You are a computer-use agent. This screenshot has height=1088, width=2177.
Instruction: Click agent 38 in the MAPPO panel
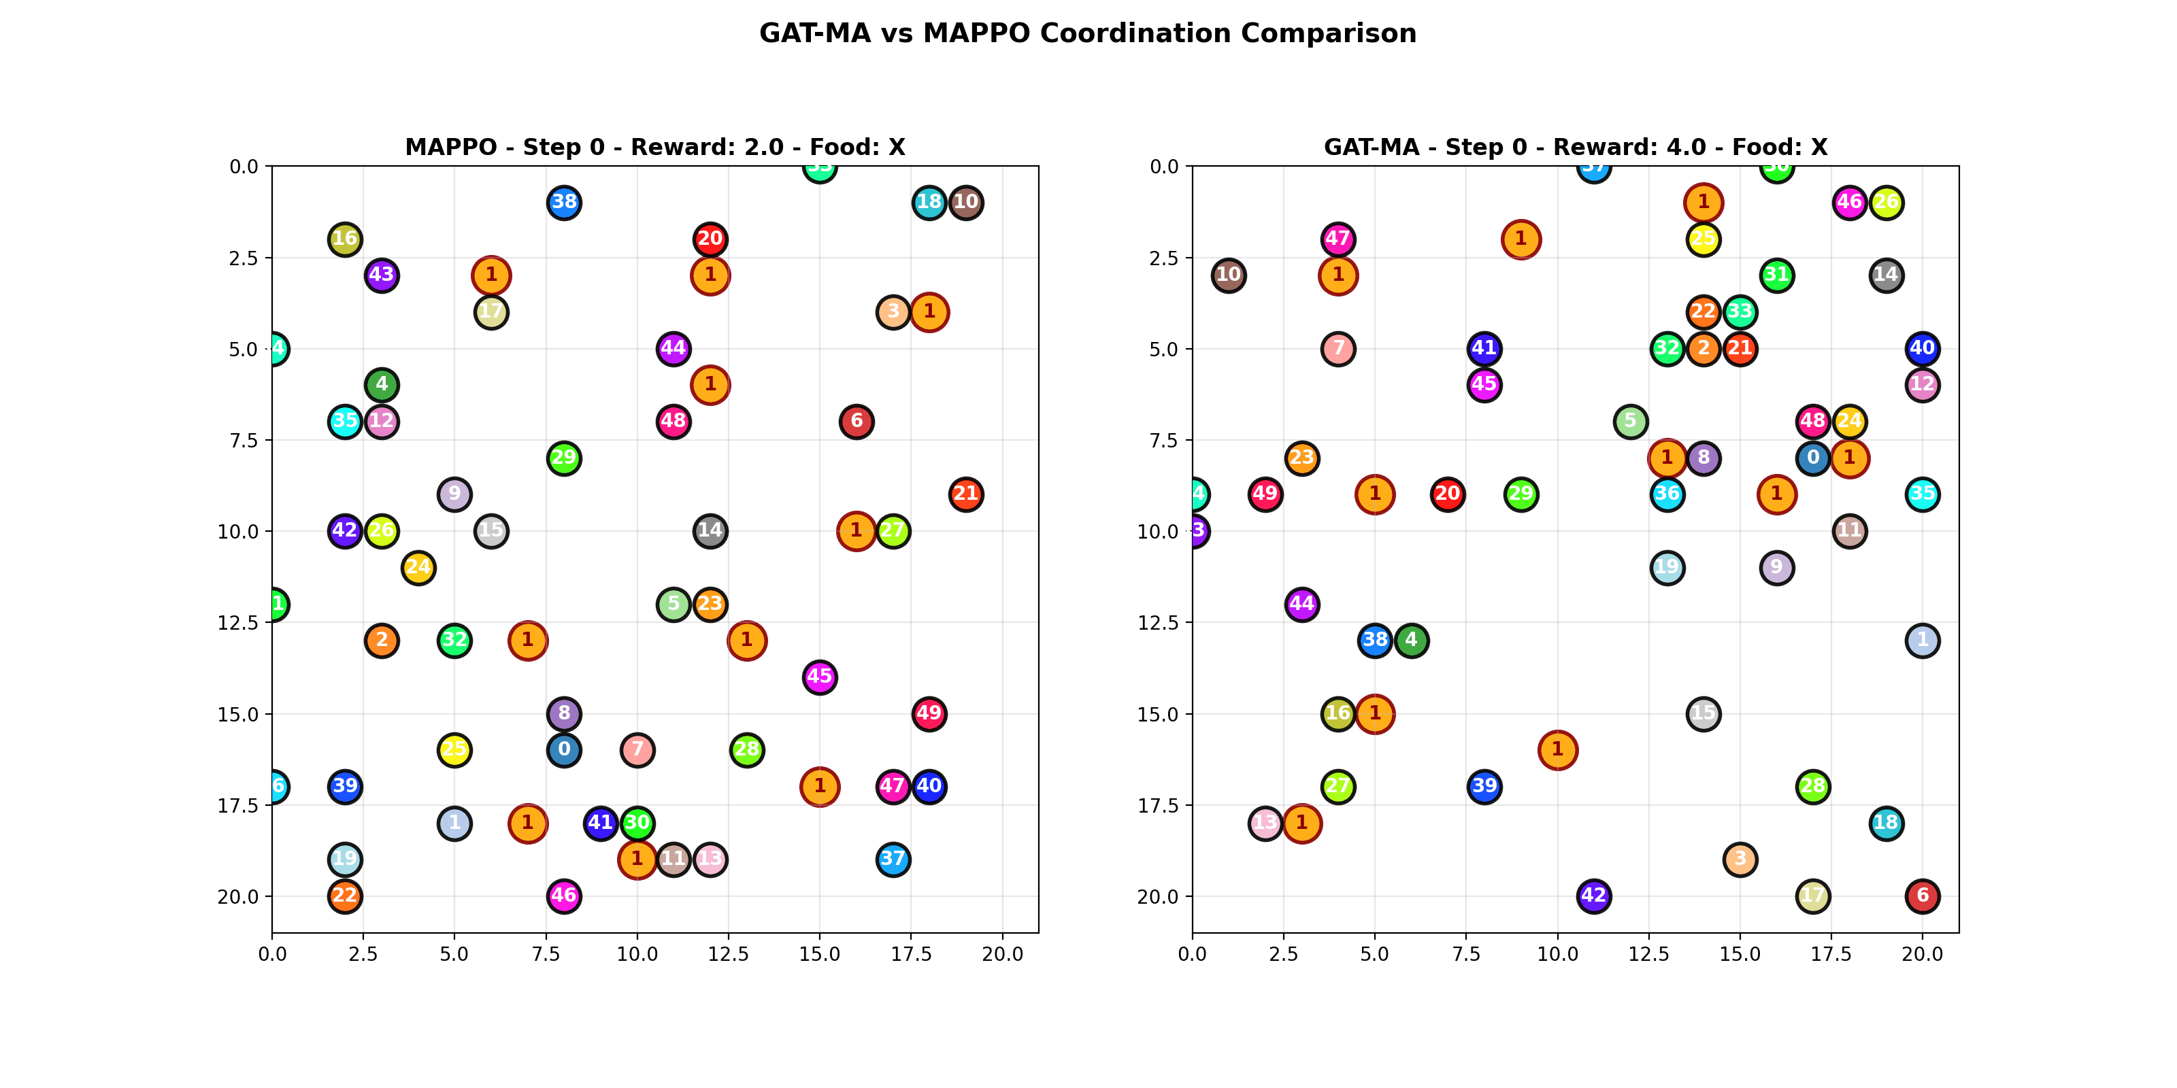tap(564, 203)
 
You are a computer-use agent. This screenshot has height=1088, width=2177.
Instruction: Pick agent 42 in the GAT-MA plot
tap(1593, 896)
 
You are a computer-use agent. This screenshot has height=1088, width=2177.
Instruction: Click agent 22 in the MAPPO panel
tap(345, 896)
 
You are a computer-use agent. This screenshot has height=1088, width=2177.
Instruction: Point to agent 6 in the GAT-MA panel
tap(1922, 896)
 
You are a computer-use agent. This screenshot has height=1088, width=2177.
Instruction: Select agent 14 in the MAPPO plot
tap(710, 531)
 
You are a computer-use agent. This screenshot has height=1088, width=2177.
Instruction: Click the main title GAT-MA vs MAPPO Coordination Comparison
tap(1088, 34)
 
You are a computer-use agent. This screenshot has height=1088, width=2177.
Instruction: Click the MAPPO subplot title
tap(655, 147)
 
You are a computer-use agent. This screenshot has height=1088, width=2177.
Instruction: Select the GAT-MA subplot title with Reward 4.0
tap(1576, 147)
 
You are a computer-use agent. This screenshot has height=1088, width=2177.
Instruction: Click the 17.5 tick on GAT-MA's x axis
tap(1831, 955)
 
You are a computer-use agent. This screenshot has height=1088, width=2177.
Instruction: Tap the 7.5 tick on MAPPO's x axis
tap(546, 955)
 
